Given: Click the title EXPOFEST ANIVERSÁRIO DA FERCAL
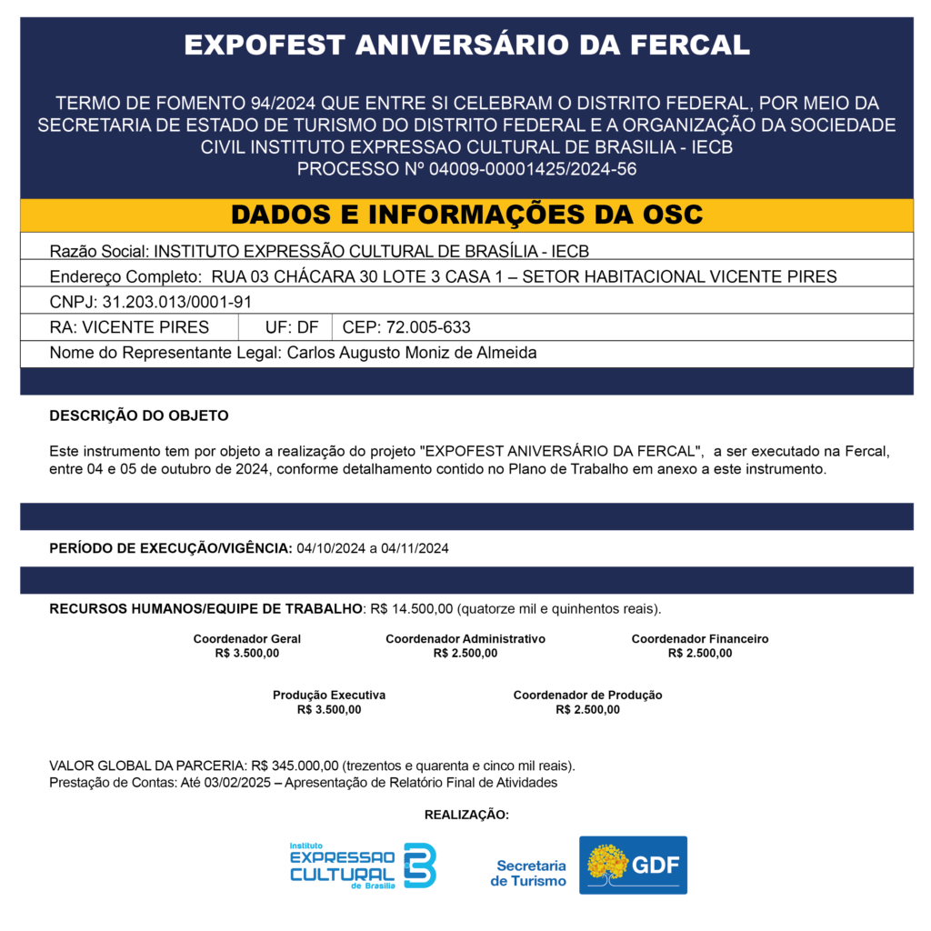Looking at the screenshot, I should click(466, 45).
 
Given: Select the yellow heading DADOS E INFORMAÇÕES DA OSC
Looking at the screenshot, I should click(466, 215).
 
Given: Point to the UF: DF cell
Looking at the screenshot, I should click(291, 327).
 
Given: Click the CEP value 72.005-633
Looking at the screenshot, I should click(428, 327).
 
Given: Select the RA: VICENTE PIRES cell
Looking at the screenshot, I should click(129, 327).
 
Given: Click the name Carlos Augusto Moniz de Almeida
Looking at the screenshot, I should click(411, 353).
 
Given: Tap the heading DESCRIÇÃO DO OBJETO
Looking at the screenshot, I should click(138, 415).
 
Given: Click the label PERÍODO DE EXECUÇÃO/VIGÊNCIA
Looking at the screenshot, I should click(170, 548).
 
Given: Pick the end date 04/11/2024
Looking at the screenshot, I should click(415, 548).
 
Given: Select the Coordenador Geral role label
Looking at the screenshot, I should click(246, 639).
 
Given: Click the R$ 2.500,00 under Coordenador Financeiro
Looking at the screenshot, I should click(699, 653).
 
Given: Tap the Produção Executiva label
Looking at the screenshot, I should click(328, 695).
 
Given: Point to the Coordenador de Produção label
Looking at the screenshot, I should click(587, 695).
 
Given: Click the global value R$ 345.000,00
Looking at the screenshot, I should click(295, 766).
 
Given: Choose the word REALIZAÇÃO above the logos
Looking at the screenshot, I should click(466, 815).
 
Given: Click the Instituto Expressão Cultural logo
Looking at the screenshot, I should click(362, 866).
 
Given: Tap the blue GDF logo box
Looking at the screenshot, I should click(633, 865).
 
